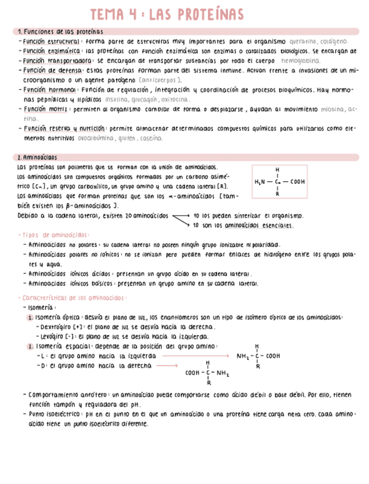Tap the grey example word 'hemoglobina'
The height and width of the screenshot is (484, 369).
302,60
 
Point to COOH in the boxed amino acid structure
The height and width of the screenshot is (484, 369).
298,182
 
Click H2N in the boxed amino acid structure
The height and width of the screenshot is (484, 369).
260,182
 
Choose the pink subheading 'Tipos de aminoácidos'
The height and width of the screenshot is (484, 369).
54,235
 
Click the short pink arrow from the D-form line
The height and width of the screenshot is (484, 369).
167,365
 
